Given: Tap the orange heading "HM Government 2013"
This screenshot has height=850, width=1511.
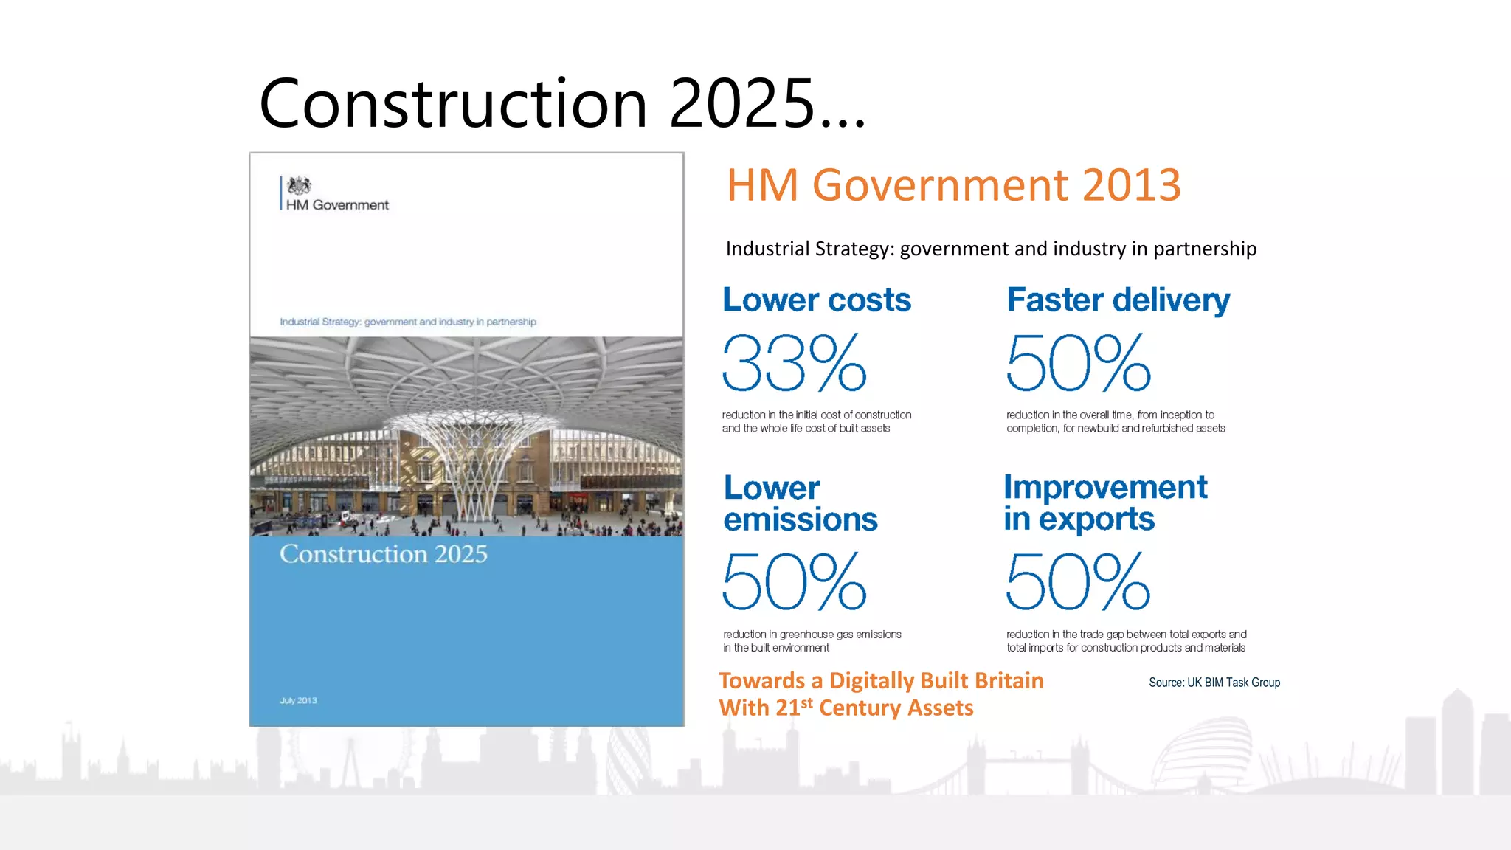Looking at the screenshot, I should tap(953, 184).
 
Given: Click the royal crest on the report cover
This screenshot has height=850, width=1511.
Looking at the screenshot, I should tap(299, 185).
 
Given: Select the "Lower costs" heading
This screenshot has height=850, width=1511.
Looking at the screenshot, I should tap(817, 300).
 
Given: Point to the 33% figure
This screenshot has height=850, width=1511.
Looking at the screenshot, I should tap(794, 363).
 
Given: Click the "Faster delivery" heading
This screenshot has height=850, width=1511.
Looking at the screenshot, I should tap(1118, 300).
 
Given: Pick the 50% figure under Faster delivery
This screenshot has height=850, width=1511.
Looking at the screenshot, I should tap(1078, 363).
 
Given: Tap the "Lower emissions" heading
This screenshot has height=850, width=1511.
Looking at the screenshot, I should tap(800, 503).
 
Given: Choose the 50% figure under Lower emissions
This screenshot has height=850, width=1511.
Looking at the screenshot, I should tap(794, 582).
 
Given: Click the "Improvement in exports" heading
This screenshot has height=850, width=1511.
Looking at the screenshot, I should tap(1104, 503).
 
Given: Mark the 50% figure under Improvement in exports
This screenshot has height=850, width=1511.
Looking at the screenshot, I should tap(1078, 582).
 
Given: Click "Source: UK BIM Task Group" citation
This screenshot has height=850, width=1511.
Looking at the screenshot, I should tap(1214, 683).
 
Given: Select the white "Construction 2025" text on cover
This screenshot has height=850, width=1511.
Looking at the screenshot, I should tap(383, 554).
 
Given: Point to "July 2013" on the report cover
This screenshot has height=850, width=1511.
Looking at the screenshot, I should tap(298, 700).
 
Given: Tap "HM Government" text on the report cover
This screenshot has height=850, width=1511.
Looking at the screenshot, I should tap(337, 205).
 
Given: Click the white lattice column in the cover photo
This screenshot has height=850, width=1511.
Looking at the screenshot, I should tap(472, 472).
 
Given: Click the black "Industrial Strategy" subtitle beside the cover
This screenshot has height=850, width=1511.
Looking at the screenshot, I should tap(990, 249).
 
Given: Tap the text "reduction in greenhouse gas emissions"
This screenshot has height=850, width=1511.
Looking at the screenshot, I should tap(812, 635).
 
